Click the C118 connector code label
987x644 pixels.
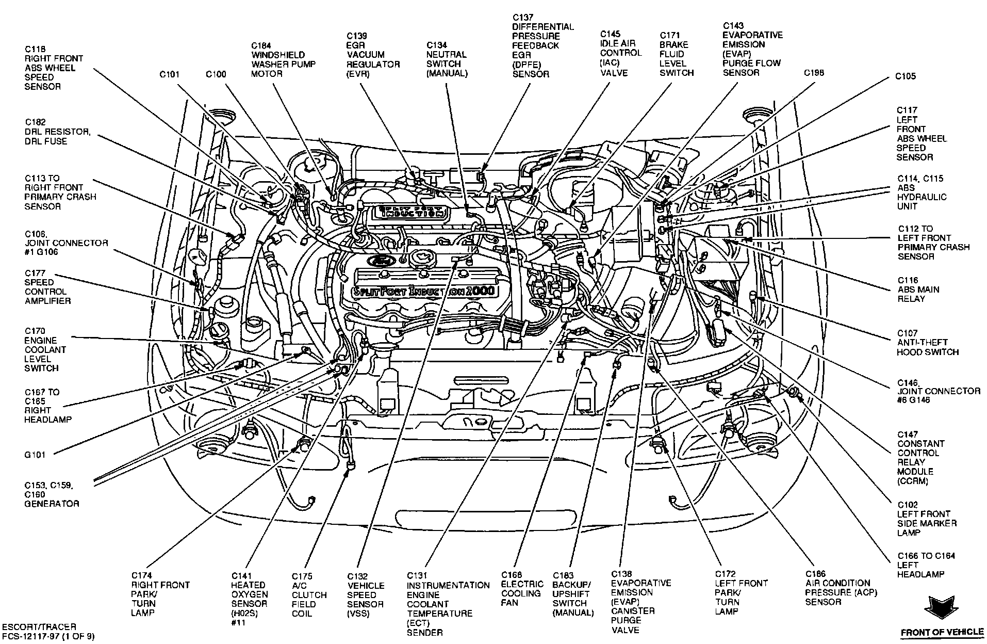click(x=36, y=49)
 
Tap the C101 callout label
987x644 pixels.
click(x=169, y=74)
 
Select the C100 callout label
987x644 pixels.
click(x=216, y=74)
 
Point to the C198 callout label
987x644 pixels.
click(x=814, y=73)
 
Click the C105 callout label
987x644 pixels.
click(x=906, y=76)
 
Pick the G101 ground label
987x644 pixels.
click(x=35, y=455)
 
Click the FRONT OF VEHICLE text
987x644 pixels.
click(x=942, y=632)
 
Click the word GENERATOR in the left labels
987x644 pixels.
click(x=52, y=504)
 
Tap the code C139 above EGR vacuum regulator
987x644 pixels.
click(x=357, y=36)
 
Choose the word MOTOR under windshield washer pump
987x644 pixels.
click(x=267, y=74)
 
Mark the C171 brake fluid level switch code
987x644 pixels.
click(x=670, y=35)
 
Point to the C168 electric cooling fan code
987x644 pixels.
click(x=512, y=575)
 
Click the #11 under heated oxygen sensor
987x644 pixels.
click(x=239, y=623)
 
